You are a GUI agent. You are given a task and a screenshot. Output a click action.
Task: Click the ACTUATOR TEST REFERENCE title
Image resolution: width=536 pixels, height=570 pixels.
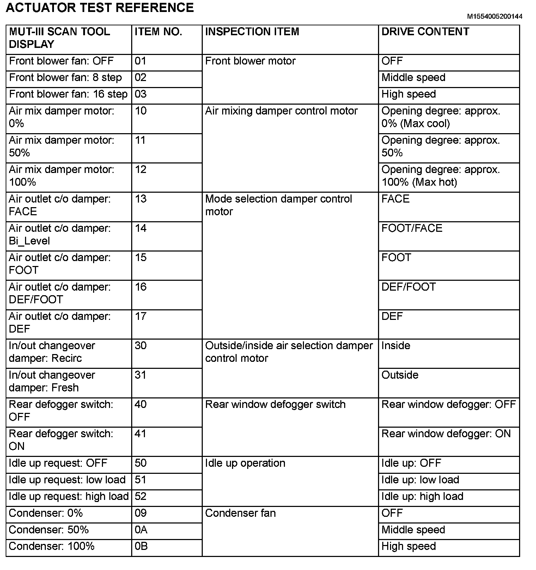coord(100,8)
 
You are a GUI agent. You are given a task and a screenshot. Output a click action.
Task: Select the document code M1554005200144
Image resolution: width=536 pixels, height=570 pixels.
coord(495,17)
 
